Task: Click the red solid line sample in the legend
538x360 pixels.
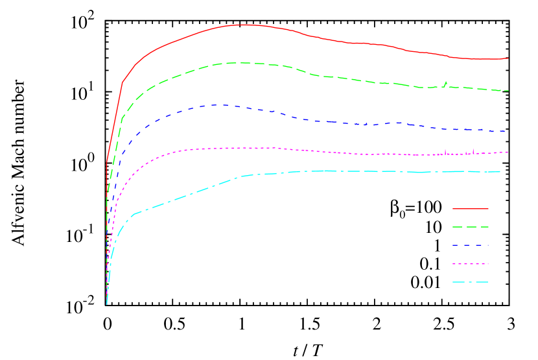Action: [470, 209]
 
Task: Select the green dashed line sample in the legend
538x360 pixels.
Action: [470, 227]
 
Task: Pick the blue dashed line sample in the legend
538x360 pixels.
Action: [470, 246]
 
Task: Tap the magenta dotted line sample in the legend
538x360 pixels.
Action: [470, 264]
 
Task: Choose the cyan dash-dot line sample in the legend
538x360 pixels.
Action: [470, 282]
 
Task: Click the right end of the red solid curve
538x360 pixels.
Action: [508, 58]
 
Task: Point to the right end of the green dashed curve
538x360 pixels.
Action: [508, 91]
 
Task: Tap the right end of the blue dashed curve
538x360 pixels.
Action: [506, 132]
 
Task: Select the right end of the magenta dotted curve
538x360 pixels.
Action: [508, 152]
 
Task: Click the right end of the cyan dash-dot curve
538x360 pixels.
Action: [500, 172]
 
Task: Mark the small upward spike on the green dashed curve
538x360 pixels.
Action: [446, 82]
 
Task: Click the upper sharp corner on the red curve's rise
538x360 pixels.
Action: [123, 82]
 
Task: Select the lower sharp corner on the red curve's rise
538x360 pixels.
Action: [107, 160]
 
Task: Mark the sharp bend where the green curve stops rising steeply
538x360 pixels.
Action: [123, 117]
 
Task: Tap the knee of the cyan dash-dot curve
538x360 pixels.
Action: [133, 214]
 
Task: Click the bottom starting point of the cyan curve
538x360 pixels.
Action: [106, 304]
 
